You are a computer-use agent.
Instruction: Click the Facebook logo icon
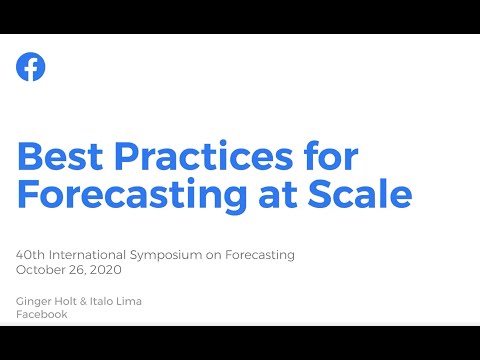tap(31, 67)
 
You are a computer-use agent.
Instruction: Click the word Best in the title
tap(62, 157)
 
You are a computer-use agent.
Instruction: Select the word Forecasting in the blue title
tap(135, 194)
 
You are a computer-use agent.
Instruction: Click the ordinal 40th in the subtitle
tap(30, 255)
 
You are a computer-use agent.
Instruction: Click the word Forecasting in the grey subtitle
tap(261, 255)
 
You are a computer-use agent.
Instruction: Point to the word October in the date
tap(41, 269)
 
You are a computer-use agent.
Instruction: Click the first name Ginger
tap(33, 300)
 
